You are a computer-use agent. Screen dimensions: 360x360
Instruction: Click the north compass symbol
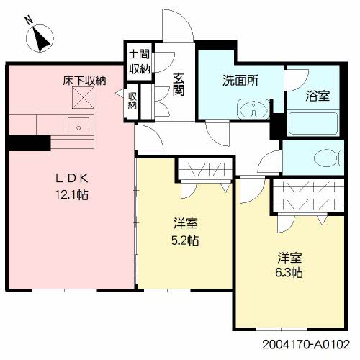click(40, 38)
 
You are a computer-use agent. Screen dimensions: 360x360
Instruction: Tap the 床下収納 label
click(84, 81)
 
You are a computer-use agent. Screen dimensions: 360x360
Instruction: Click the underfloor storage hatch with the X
click(83, 98)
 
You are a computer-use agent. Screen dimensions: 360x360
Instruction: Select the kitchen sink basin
click(78, 125)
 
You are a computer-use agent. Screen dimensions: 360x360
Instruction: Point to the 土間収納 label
click(140, 61)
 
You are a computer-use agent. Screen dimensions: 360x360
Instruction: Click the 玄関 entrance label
click(179, 84)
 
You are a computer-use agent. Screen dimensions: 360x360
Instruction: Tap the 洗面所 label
click(240, 81)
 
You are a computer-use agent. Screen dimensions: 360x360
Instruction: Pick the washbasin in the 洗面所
click(253, 109)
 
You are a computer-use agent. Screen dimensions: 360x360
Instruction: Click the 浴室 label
click(318, 96)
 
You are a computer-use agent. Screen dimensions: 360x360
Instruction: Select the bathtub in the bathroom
click(314, 123)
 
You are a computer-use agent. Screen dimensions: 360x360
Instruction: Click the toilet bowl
click(328, 158)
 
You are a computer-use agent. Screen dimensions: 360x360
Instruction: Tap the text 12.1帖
click(72, 194)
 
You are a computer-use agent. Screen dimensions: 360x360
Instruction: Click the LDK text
click(72, 179)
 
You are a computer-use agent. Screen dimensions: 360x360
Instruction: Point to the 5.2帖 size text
click(185, 240)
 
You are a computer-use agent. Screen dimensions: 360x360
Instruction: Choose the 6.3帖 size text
click(289, 273)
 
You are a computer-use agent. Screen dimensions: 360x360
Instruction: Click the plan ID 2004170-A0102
click(306, 345)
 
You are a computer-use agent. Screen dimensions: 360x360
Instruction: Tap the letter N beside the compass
click(30, 20)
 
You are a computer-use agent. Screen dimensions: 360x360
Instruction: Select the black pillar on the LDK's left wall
click(30, 143)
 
